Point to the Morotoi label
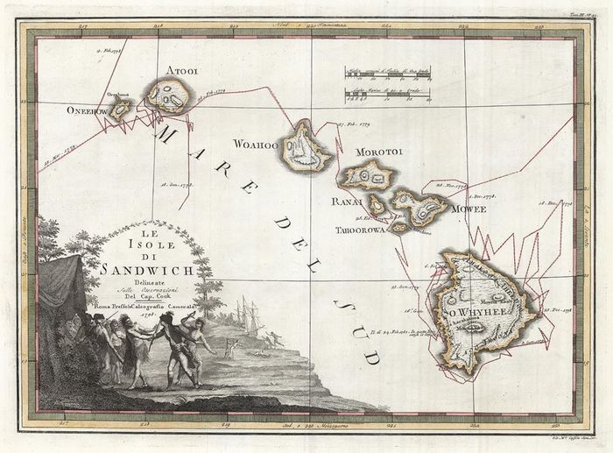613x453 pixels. (x=378, y=152)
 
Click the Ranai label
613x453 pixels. (x=347, y=202)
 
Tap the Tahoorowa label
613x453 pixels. (x=358, y=230)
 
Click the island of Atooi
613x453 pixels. (x=168, y=95)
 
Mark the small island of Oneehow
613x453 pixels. (x=120, y=109)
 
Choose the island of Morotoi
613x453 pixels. (x=368, y=176)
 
